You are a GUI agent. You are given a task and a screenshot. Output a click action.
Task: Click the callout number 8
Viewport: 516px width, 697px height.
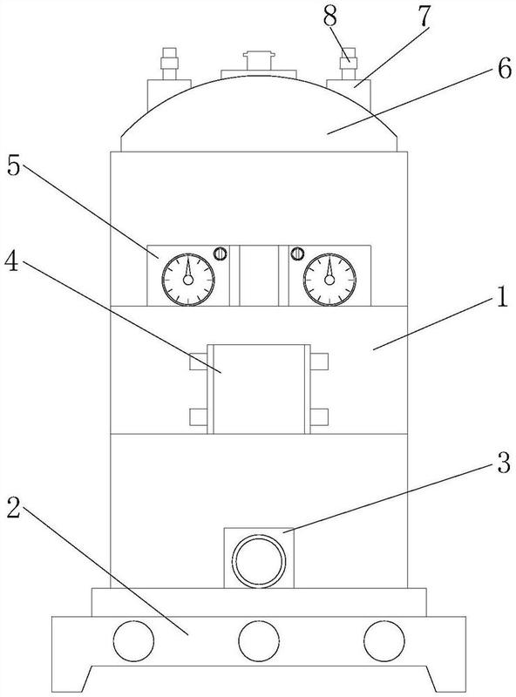point(330,17)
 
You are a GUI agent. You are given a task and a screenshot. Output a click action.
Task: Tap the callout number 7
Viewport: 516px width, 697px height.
point(424,17)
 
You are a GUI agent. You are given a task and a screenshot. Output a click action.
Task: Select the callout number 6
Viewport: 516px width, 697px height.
point(505,69)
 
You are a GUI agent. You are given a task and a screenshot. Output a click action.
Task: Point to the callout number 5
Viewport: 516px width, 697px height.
point(13,166)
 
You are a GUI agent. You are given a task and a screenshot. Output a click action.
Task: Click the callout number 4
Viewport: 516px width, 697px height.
point(11,262)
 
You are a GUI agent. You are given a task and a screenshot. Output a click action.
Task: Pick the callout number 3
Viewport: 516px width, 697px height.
point(503,464)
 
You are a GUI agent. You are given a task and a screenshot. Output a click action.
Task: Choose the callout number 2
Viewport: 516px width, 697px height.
point(13,507)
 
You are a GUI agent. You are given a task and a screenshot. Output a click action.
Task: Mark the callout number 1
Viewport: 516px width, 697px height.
point(503,298)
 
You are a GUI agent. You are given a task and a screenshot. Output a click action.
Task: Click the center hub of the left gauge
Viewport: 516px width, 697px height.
point(188,280)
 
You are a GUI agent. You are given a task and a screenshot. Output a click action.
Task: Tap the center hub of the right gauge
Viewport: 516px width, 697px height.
point(329,280)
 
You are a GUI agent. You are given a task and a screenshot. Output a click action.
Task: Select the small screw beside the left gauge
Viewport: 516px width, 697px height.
point(221,254)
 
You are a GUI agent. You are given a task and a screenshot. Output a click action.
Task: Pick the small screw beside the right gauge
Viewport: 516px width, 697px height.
point(296,254)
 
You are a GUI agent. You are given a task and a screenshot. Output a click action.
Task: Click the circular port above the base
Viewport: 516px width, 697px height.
point(259,561)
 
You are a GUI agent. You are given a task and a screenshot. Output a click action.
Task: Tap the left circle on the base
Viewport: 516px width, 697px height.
point(133,641)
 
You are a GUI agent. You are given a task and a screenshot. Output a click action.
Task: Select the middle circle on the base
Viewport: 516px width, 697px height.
point(259,641)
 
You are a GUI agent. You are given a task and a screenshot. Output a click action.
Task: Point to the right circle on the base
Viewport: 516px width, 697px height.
point(384,641)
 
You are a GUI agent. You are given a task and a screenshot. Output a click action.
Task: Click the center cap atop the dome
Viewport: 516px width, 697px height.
point(259,61)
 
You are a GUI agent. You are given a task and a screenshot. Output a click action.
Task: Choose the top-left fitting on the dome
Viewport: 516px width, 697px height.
point(169,64)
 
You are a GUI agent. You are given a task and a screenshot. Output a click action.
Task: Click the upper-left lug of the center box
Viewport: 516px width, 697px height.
point(198,362)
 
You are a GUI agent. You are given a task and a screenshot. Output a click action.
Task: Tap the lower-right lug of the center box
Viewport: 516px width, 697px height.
point(319,417)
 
